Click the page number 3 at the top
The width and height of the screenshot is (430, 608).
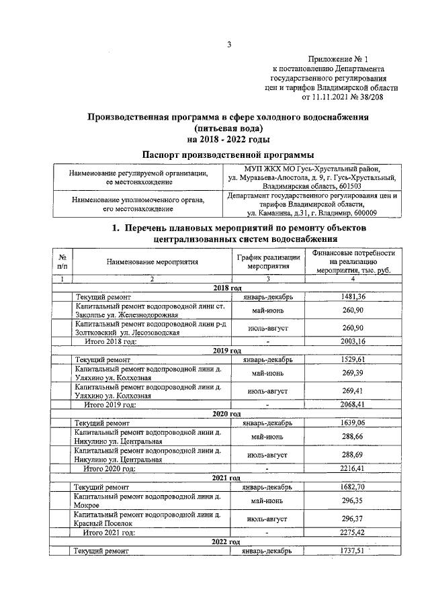[x=228, y=45]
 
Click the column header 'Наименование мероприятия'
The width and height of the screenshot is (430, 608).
[x=142, y=263]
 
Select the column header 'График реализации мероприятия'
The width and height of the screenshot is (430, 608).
[x=268, y=263]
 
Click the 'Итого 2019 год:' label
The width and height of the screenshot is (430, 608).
[x=110, y=404]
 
